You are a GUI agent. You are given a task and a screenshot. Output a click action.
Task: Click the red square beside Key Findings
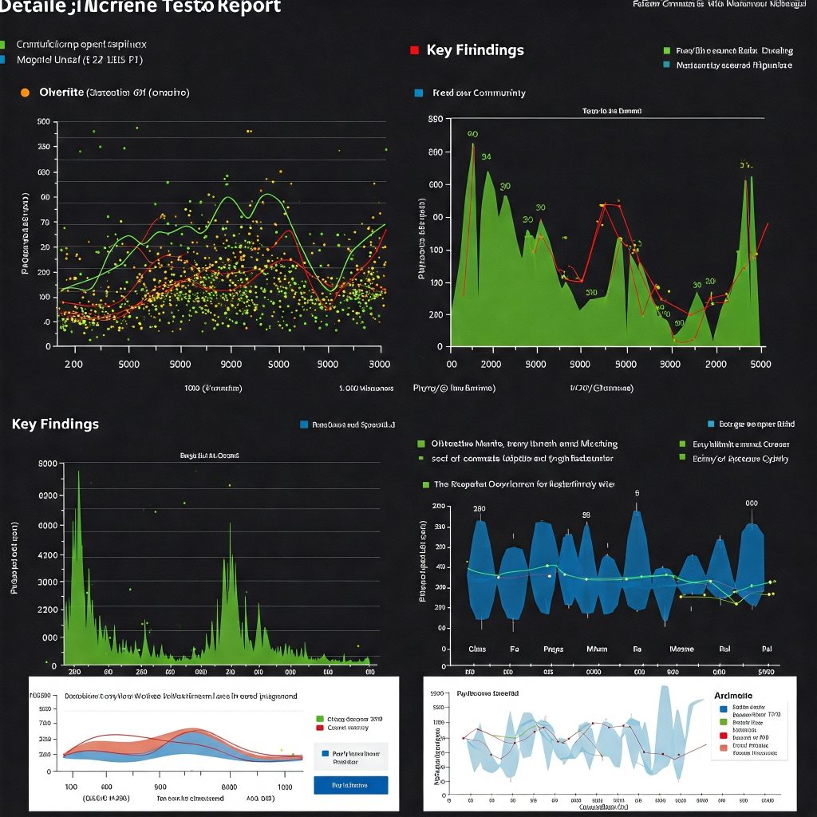[x=414, y=50]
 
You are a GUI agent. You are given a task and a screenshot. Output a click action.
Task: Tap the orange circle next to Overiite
[x=25, y=93]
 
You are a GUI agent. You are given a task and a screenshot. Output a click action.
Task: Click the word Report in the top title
[x=243, y=7]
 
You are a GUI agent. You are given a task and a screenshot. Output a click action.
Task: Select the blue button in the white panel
[x=351, y=785]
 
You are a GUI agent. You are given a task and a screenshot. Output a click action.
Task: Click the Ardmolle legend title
[x=732, y=696]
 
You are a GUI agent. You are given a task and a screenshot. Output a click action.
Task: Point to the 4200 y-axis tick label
[x=48, y=555]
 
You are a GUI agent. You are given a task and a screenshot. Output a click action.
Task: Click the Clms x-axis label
[x=477, y=649]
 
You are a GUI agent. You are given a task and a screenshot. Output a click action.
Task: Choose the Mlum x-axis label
[x=597, y=649]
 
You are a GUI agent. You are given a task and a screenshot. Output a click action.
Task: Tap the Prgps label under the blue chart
[x=553, y=649]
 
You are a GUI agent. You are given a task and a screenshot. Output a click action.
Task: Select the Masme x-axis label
[x=681, y=649]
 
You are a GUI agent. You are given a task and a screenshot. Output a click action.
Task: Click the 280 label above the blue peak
[x=480, y=508]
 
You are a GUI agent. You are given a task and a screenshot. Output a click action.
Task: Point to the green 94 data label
[x=486, y=156]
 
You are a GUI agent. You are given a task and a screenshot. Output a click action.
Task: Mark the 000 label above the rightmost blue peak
[x=751, y=503]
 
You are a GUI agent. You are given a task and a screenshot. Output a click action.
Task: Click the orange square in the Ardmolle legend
[x=723, y=748]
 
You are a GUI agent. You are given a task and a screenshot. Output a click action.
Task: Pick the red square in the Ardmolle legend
[x=723, y=735]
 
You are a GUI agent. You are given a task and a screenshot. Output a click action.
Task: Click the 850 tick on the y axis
[x=436, y=120]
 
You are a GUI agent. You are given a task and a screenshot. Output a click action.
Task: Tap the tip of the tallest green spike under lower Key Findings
[x=78, y=472]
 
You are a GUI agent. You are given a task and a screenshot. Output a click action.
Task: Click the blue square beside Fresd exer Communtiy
[x=419, y=93]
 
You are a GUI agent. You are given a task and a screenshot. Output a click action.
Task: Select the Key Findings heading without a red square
[x=55, y=424]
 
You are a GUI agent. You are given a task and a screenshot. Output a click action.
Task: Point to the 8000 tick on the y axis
[x=48, y=464]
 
